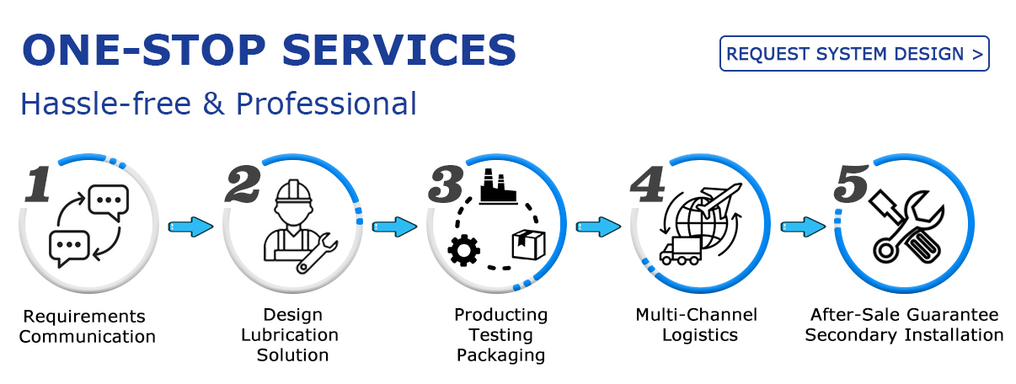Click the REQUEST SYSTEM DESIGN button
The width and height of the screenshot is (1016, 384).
tap(854, 54)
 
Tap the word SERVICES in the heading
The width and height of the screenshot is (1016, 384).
tap(399, 50)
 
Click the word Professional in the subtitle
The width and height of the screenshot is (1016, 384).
tap(326, 104)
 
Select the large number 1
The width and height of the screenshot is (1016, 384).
tap(38, 184)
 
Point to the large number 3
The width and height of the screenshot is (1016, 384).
tap(446, 184)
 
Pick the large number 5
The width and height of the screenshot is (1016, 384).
tap(852, 184)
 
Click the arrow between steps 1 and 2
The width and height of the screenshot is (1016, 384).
tap(190, 227)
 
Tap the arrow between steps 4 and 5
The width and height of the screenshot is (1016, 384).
tap(803, 227)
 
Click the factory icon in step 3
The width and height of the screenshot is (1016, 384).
tap(498, 187)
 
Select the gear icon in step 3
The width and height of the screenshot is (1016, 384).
tap(463, 250)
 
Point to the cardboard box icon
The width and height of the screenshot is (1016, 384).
tap(528, 244)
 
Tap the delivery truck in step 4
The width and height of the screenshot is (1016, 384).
tap(681, 251)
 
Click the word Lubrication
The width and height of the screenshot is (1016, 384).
tap(290, 335)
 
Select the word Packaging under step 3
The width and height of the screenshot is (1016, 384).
tap(500, 355)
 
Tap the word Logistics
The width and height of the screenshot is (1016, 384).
tap(700, 335)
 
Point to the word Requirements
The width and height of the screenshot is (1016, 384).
tap(84, 317)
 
